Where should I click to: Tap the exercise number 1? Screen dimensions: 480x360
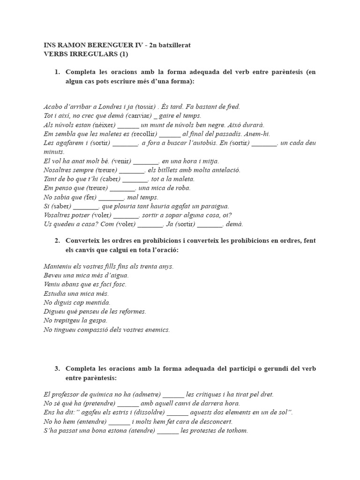57,72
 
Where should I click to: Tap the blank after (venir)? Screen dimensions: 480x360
146,161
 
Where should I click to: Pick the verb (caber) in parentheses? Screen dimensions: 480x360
109,179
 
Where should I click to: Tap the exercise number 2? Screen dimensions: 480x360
57,240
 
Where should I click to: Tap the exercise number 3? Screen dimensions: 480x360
57,368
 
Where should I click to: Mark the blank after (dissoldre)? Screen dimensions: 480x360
177,412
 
